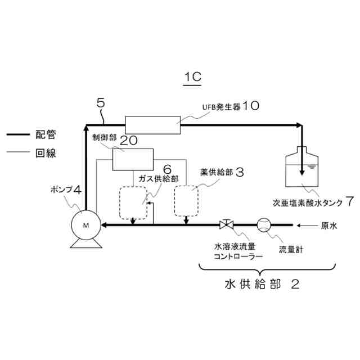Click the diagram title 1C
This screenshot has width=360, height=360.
pos(192,77)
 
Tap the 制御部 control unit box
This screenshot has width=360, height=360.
pos(133,159)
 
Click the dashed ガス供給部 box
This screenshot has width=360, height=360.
pos(133,201)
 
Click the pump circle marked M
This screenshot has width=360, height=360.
pos(85,224)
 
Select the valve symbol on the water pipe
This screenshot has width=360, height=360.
pos(226,225)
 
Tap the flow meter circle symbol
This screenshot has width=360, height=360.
pos(264,225)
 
